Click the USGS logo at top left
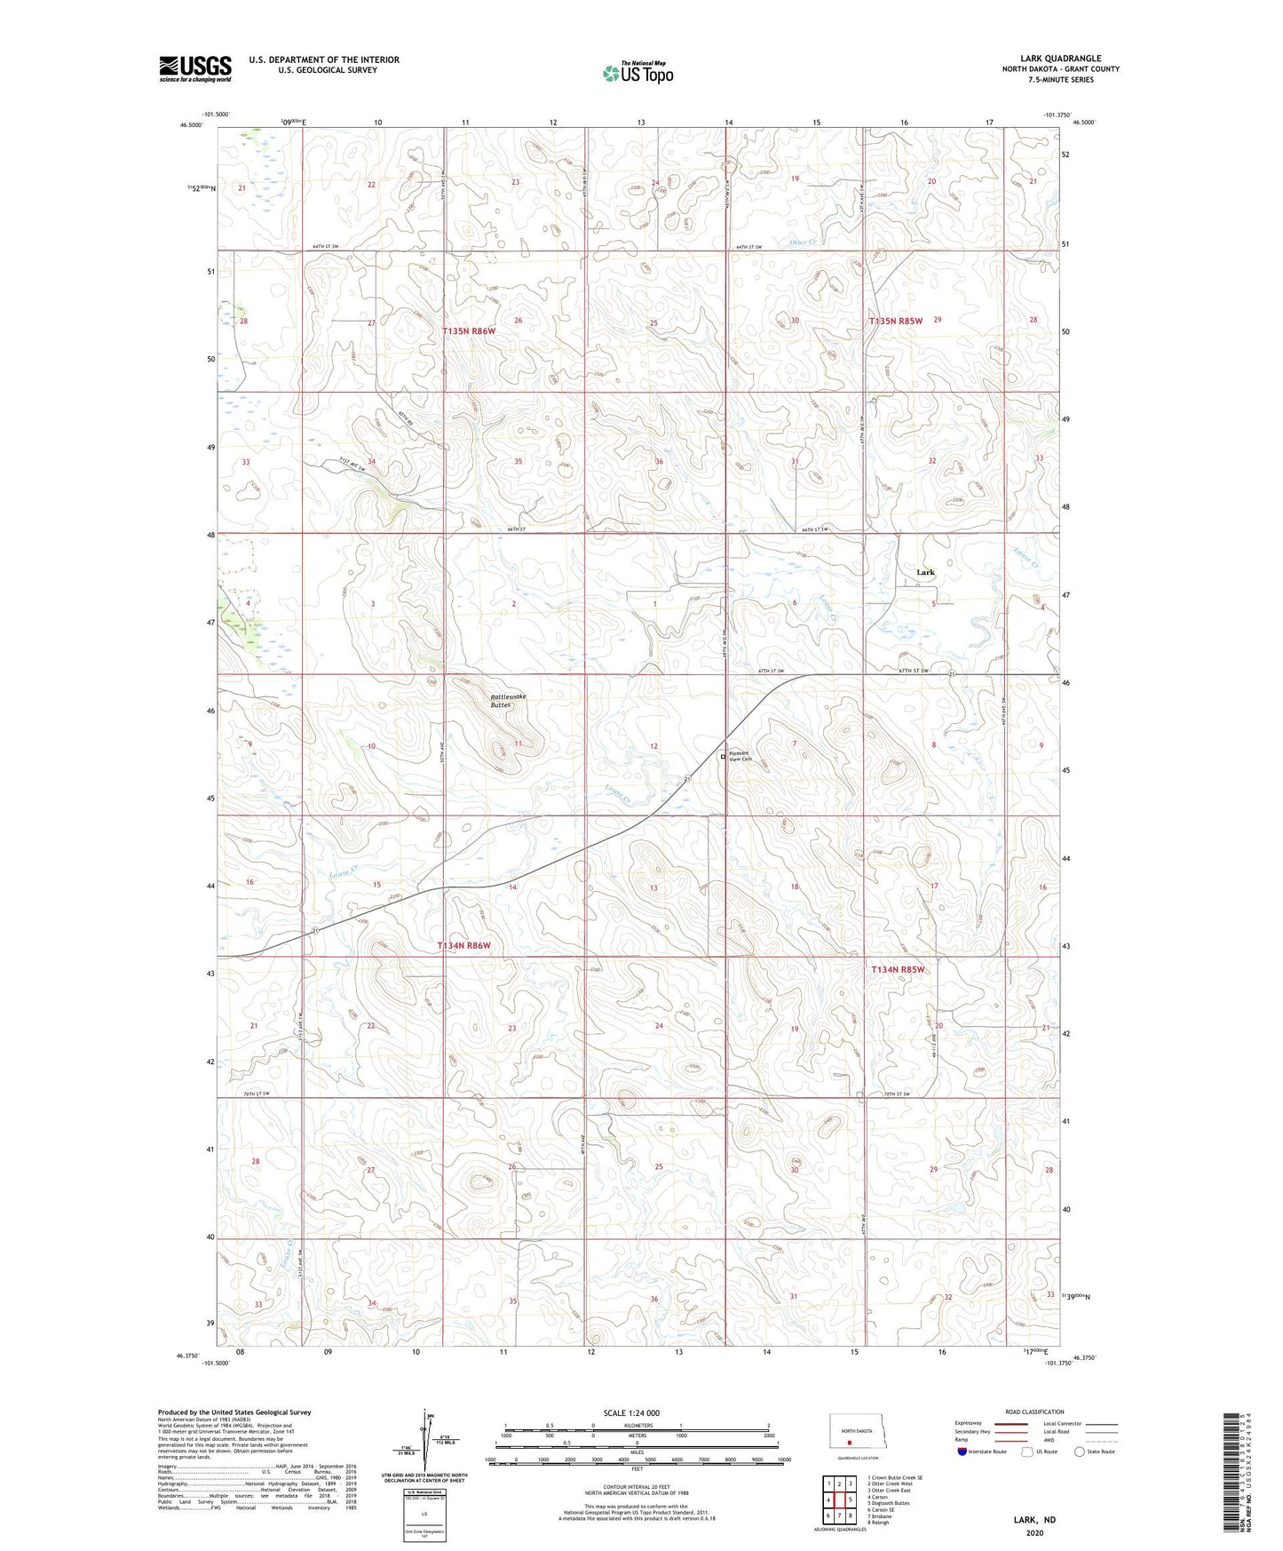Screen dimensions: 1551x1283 tap(194, 68)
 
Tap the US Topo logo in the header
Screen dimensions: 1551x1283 tap(638, 72)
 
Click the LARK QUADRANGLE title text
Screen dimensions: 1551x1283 tap(1060, 59)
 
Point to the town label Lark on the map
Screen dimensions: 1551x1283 tap(925, 572)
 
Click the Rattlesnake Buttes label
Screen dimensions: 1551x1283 tap(508, 700)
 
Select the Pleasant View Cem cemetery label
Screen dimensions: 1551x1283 tap(739, 756)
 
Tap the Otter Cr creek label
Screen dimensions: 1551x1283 tap(802, 241)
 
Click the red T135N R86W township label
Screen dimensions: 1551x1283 tap(468, 330)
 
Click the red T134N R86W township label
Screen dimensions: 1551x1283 tap(463, 945)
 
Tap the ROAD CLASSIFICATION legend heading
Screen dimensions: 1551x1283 tap(1034, 1412)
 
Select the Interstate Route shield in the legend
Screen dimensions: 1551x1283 tap(963, 1452)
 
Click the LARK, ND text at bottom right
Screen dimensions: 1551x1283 tap(1034, 1520)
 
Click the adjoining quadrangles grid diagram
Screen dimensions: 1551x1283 tap(839, 1500)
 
